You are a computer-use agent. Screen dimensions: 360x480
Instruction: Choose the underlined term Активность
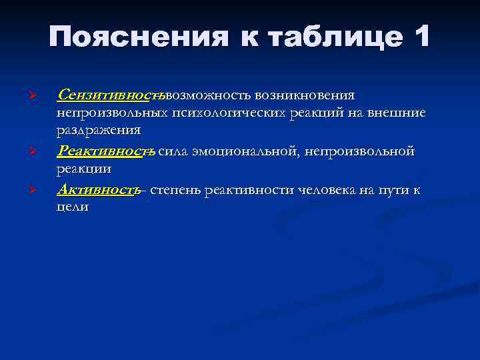coord(98,190)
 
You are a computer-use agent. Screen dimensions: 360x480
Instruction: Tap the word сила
coord(174,152)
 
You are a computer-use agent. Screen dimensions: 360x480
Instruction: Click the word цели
coord(73,207)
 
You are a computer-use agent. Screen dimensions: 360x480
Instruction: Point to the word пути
coord(390,190)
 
